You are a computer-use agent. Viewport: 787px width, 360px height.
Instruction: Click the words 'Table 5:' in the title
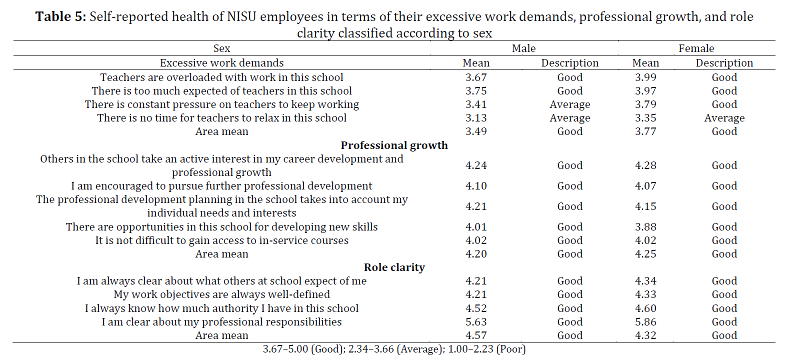click(x=61, y=16)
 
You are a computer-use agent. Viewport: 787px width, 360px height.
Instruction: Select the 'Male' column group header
click(x=523, y=48)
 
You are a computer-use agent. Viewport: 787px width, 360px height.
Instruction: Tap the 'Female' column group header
click(x=696, y=48)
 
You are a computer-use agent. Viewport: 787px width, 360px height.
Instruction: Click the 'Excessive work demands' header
click(x=221, y=63)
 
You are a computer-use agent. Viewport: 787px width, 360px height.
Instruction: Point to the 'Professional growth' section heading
click(x=394, y=145)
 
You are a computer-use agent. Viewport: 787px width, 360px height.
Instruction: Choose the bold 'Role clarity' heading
click(x=394, y=267)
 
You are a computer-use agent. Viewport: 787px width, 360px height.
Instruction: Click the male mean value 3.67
click(x=476, y=77)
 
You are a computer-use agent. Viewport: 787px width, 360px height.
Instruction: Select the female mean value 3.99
click(x=645, y=77)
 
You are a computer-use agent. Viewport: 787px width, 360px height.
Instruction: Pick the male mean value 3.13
click(x=476, y=118)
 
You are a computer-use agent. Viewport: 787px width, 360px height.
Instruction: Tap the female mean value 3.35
click(x=645, y=118)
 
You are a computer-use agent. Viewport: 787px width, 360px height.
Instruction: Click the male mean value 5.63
click(x=476, y=322)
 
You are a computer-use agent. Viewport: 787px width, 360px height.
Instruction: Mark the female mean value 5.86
click(x=645, y=322)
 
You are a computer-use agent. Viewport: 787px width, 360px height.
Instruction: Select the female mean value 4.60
click(x=645, y=308)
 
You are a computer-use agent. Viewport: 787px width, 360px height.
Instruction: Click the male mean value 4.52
click(x=476, y=308)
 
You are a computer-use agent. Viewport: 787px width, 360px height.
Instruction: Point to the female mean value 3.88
click(x=645, y=227)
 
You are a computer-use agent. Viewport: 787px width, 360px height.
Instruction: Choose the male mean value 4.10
click(x=476, y=186)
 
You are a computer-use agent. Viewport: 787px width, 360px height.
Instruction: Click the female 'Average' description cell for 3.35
click(x=724, y=118)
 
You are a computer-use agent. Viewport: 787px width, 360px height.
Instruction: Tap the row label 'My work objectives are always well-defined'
click(x=221, y=294)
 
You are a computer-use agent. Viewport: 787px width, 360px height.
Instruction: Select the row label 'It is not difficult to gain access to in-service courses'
click(x=221, y=240)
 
